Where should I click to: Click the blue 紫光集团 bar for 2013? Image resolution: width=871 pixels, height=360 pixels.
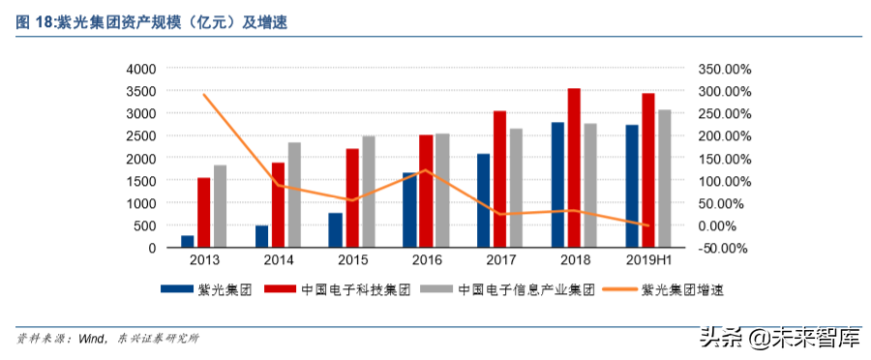(187, 241)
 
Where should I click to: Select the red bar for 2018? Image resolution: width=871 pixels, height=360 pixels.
(574, 167)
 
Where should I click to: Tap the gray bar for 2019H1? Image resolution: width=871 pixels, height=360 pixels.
(665, 178)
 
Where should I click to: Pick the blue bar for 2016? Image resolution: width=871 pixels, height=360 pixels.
(409, 210)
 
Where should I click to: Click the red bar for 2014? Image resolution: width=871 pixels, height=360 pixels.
(278, 204)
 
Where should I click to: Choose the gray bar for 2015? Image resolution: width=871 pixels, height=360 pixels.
(369, 192)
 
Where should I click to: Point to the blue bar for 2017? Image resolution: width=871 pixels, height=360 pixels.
(483, 200)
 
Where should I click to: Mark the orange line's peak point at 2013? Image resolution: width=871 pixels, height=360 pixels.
(203, 95)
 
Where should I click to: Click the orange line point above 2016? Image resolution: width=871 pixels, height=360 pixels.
(426, 170)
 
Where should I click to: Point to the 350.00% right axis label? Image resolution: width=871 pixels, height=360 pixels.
(723, 69)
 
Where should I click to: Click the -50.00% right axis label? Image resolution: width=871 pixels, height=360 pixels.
(723, 248)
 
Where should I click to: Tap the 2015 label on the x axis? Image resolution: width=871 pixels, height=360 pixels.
(352, 260)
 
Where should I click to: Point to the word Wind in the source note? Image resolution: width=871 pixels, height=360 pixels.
(91, 340)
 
